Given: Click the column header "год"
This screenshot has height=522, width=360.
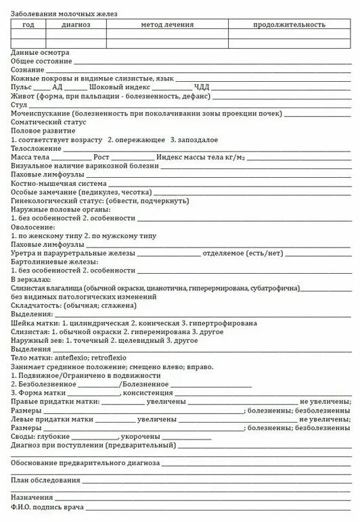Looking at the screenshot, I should (x=28, y=24).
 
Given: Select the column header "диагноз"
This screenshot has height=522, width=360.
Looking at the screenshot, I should (x=75, y=24).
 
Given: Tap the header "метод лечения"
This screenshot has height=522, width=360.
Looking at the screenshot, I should (x=166, y=24).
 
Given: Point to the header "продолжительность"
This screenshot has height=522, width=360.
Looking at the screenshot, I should (x=289, y=24).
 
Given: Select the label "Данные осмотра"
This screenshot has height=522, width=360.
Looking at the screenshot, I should (x=40, y=52).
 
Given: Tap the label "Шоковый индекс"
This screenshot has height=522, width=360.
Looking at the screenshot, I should (x=120, y=87).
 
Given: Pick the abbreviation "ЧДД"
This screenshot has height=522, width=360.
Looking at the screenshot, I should (x=202, y=87).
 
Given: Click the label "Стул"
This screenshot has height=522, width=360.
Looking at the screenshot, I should (x=18, y=105).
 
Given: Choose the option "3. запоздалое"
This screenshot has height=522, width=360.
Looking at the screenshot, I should (x=194, y=139).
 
